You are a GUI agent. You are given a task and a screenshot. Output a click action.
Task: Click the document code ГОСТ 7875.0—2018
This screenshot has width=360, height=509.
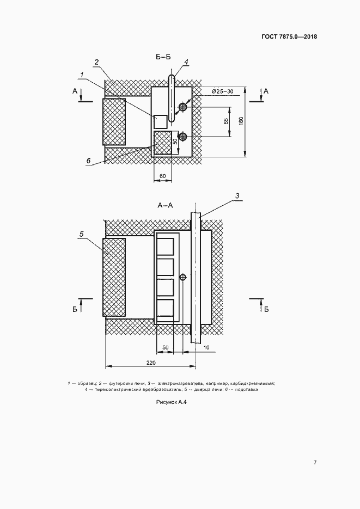(289, 36)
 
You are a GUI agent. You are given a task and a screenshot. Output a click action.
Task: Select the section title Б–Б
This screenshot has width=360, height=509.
(163, 57)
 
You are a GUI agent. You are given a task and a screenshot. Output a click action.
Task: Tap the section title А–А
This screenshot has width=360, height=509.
(165, 205)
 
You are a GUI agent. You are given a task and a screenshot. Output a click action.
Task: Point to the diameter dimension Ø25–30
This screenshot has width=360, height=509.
(222, 91)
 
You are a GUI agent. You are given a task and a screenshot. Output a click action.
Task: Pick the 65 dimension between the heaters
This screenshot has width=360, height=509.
(226, 121)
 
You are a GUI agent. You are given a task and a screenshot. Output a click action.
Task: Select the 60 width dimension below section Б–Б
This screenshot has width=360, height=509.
(163, 176)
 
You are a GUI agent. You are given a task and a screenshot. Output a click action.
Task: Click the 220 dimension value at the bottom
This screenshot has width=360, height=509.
(151, 363)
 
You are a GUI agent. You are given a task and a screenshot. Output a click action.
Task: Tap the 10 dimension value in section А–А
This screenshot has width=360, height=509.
(206, 347)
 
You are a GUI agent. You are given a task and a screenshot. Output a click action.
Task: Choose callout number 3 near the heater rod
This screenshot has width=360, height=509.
(237, 196)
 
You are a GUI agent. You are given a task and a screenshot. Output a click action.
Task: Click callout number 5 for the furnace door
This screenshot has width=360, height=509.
(82, 234)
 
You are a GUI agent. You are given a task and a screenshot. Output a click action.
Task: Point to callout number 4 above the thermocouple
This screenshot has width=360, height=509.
(186, 62)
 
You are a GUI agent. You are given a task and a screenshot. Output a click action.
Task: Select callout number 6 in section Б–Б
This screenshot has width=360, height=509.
(88, 161)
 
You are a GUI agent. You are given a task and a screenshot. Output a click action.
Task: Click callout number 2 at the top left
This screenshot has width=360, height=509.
(96, 62)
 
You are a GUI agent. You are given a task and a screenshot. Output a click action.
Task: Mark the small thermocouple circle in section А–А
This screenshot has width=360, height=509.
(183, 277)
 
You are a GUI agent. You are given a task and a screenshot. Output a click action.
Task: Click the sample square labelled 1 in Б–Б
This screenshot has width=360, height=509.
(160, 122)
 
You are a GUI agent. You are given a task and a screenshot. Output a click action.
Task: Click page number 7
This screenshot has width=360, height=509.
(315, 462)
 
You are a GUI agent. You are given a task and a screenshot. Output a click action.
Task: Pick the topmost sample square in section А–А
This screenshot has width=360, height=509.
(165, 247)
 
